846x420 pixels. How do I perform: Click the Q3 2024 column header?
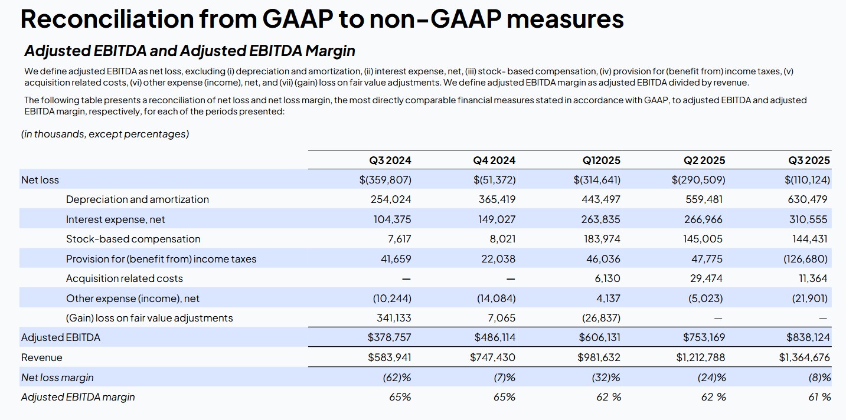(390, 160)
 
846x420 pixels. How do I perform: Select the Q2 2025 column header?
(704, 160)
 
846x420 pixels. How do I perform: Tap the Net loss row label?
(40, 180)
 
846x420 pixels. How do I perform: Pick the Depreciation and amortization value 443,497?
(600, 199)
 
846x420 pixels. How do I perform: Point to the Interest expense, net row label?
(115, 219)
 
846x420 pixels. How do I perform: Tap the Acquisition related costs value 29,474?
(706, 278)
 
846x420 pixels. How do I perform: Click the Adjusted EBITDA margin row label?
(78, 397)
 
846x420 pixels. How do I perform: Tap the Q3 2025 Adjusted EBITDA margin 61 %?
(819, 397)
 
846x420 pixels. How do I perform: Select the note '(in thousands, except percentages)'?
(105, 134)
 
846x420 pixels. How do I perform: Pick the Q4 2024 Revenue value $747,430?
(492, 357)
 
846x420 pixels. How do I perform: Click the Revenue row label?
(41, 357)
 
